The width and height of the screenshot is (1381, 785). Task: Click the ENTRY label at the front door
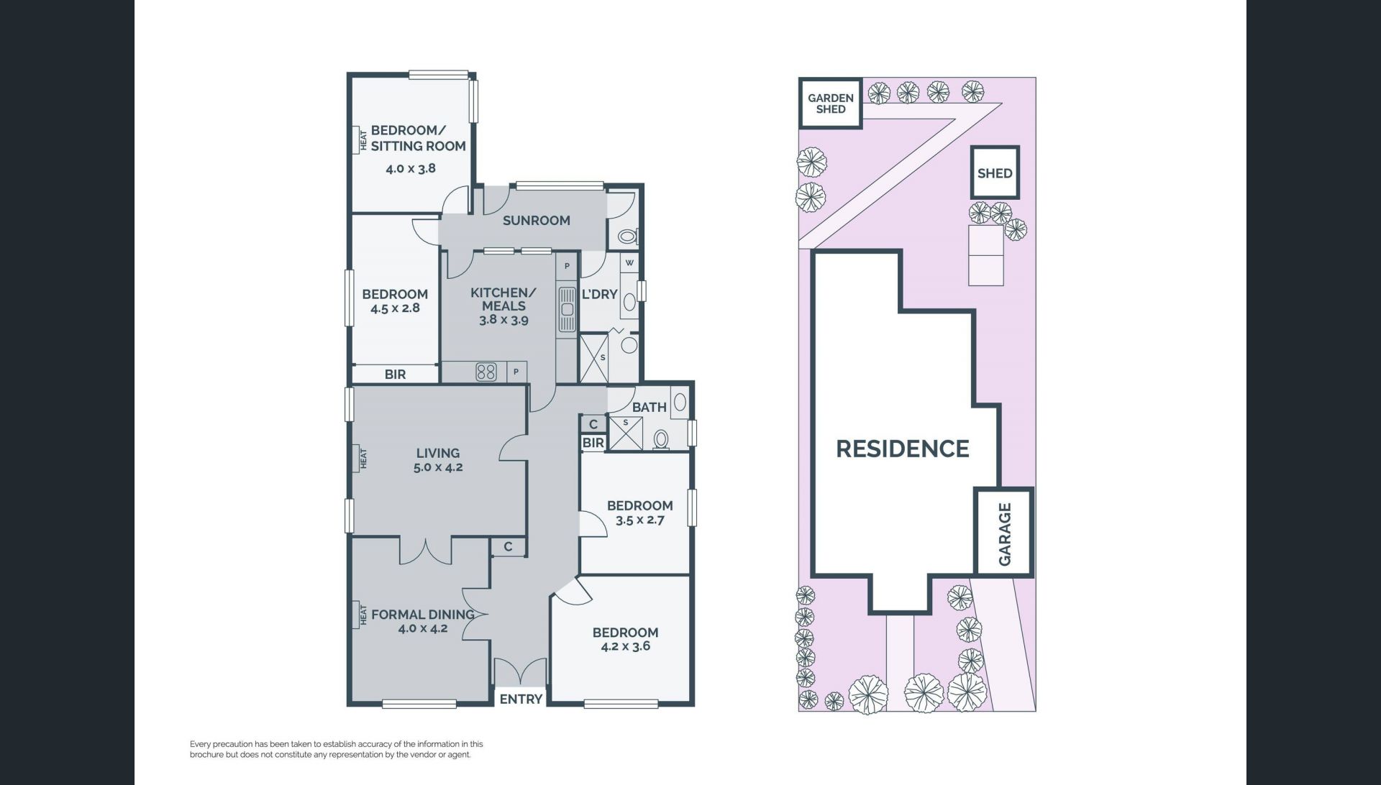[x=521, y=699]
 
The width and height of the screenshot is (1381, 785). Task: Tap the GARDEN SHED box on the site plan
[x=831, y=104]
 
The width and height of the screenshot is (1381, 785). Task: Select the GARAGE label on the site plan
[x=1005, y=534]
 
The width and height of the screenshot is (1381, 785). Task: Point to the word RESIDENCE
[x=903, y=449]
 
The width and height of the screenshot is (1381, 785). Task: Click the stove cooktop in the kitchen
[x=486, y=372]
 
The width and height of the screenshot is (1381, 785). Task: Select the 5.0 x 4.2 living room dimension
[x=438, y=467]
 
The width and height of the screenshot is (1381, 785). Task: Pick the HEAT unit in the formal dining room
[x=360, y=615]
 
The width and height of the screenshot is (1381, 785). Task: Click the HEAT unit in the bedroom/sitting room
[x=360, y=139]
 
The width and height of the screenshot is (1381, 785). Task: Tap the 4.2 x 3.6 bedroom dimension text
[x=625, y=646]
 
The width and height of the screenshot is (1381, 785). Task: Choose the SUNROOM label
[x=537, y=221]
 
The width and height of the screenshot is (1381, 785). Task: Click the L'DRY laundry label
[x=599, y=294]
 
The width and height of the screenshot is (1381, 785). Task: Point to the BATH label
[x=650, y=407]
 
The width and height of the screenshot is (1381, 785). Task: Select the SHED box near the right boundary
[x=995, y=173]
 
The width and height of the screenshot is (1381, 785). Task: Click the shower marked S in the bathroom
[x=625, y=433]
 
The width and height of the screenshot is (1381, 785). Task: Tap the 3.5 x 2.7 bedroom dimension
[x=640, y=520]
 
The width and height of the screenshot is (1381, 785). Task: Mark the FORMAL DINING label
[x=423, y=615]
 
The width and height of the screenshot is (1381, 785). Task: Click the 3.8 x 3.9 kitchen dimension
[x=503, y=320]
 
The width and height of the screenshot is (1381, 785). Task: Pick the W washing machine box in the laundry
[x=629, y=263]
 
